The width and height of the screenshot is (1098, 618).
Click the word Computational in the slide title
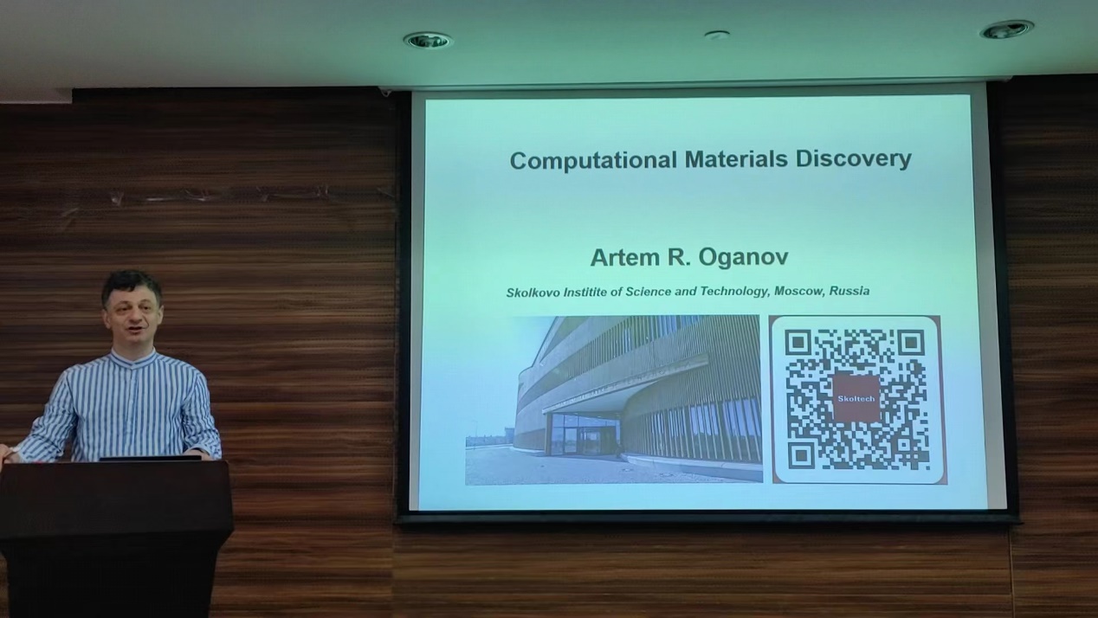pos(594,160)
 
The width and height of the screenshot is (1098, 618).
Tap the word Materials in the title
pos(736,159)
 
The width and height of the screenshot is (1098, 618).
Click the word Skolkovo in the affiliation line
pos(533,293)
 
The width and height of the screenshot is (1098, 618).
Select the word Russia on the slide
pos(849,291)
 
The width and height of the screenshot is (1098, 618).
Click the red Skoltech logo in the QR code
pos(856,398)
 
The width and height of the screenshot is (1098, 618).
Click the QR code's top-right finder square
pos(911,342)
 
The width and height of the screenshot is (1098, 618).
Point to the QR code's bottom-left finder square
pos(801,455)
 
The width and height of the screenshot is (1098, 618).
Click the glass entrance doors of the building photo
pos(585,435)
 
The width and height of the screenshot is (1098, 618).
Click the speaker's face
pos(132,319)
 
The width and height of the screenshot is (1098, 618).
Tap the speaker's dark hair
pos(132,286)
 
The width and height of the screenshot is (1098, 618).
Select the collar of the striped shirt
pos(133,357)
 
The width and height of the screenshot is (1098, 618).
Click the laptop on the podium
pos(151,458)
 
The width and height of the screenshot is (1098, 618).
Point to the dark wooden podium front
pos(115,539)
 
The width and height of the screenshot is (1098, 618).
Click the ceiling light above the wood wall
pos(428,41)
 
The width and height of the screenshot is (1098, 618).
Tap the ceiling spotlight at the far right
pos(1007,29)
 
